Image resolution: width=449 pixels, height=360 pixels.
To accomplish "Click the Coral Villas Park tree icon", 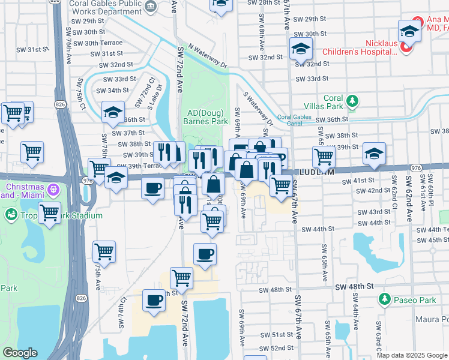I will pyautogui.click(x=352, y=100).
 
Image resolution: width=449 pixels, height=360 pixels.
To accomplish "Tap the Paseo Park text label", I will pyautogui.click(x=410, y=299).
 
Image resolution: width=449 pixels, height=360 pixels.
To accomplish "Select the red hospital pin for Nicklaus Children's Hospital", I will pyautogui.click(x=405, y=48).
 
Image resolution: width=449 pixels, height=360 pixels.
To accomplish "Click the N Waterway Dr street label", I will pyautogui.click(x=208, y=54).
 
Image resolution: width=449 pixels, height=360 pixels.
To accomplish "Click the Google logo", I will pyautogui.click(x=20, y=353).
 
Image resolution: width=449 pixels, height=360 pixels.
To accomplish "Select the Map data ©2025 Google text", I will pyautogui.click(x=412, y=355).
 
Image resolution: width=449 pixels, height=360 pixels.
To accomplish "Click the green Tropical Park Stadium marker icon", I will pyautogui.click(x=11, y=214).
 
